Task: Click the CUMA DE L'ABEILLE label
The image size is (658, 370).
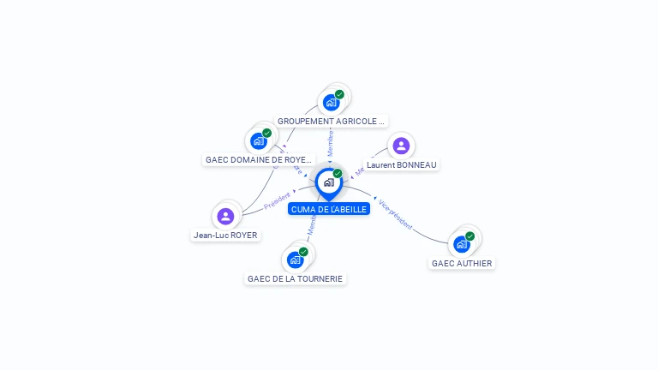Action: pyautogui.click(x=329, y=209)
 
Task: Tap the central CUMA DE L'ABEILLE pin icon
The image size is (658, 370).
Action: pyautogui.click(x=328, y=182)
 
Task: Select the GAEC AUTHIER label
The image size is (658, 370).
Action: pyautogui.click(x=462, y=263)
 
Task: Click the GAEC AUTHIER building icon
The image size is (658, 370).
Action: pyautogui.click(x=462, y=244)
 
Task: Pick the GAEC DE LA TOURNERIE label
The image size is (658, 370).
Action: pyautogui.click(x=295, y=278)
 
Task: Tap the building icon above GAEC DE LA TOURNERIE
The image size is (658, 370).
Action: pyautogui.click(x=296, y=260)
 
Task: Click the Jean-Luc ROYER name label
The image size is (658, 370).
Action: pyautogui.click(x=225, y=235)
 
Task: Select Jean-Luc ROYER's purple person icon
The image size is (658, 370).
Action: pyautogui.click(x=225, y=216)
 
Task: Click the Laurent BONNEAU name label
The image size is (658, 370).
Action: pyautogui.click(x=401, y=164)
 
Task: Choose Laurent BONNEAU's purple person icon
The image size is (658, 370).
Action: pyautogui.click(x=401, y=146)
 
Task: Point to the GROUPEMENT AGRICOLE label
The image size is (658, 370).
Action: pyautogui.click(x=332, y=122)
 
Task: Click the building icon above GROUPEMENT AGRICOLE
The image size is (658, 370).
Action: pyautogui.click(x=331, y=103)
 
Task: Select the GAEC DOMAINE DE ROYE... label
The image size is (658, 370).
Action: pyautogui.click(x=259, y=159)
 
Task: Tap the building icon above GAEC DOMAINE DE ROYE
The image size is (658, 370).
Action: pyautogui.click(x=258, y=140)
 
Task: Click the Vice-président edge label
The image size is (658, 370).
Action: pyautogui.click(x=396, y=215)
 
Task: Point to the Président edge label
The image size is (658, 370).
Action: pyautogui.click(x=278, y=203)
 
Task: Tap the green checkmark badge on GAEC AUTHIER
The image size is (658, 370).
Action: pyautogui.click(x=470, y=236)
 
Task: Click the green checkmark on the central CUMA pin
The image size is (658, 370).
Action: pyautogui.click(x=338, y=173)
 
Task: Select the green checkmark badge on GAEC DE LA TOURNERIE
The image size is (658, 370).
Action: pyautogui.click(x=303, y=252)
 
